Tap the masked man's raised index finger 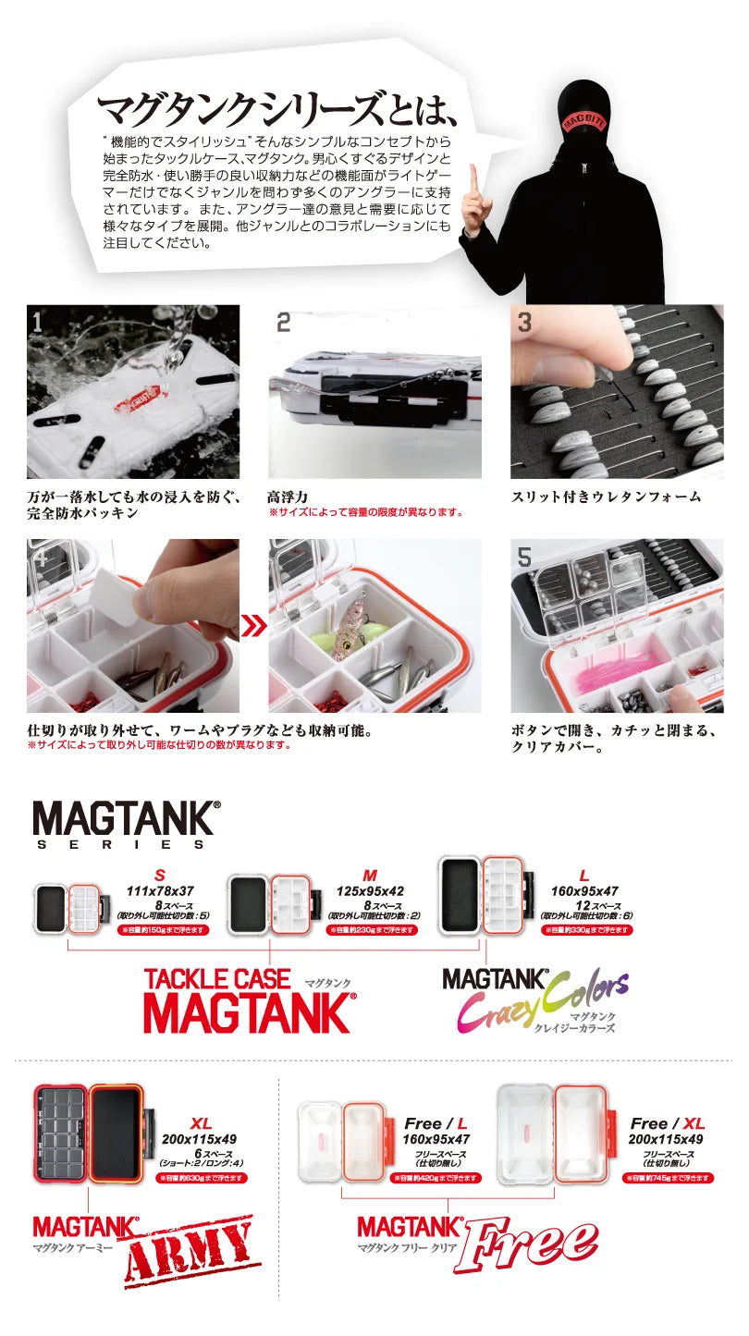click(x=474, y=178)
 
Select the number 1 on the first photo click(x=37, y=322)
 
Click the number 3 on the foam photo click(x=524, y=323)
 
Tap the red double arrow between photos click(x=253, y=626)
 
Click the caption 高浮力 click(x=287, y=496)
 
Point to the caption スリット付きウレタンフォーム click(x=606, y=496)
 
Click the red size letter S click(x=160, y=876)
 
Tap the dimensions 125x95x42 click(x=370, y=891)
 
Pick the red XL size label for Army click(x=201, y=1123)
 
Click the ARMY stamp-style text click(x=190, y=1254)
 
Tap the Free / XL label click(x=667, y=1123)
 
